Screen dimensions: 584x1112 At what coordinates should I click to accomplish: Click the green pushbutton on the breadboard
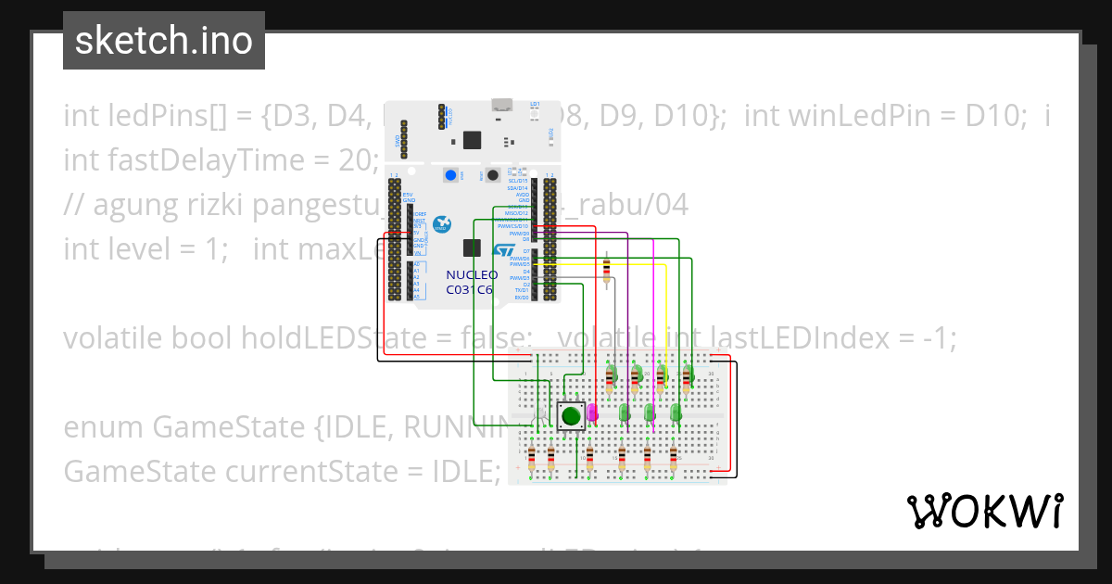click(571, 414)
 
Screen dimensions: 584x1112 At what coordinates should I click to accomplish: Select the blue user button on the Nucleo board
click(451, 175)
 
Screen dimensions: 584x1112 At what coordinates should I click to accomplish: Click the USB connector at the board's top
click(502, 104)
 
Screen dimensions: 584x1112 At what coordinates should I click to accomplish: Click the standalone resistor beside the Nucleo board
click(606, 269)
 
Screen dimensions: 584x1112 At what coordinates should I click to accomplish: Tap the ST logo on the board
click(502, 251)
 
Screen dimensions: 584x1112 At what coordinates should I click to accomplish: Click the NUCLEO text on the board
click(472, 275)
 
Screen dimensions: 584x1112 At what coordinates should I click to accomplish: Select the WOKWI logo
click(984, 511)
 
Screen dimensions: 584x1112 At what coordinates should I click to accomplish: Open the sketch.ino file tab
click(164, 41)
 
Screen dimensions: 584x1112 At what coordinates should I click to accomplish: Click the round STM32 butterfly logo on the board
click(442, 224)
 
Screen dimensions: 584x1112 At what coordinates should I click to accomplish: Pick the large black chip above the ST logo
click(473, 248)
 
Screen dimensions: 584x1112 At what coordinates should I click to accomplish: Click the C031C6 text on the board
click(469, 289)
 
